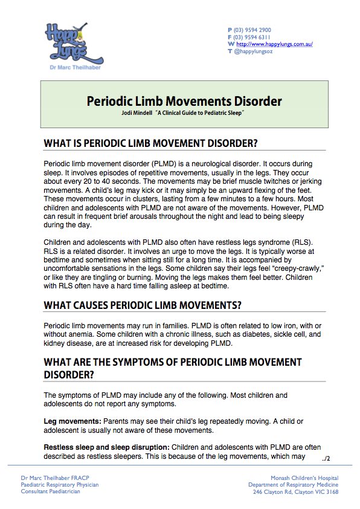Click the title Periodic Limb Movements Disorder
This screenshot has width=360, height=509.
pos(184,100)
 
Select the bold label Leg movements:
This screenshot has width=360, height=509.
pos(72,420)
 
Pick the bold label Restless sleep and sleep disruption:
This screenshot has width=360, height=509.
pos(106,447)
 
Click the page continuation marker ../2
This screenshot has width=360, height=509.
pos(326,459)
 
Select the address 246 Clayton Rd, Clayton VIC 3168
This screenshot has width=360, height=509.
pos(295,491)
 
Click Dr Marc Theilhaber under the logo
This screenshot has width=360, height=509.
pos(73,68)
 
